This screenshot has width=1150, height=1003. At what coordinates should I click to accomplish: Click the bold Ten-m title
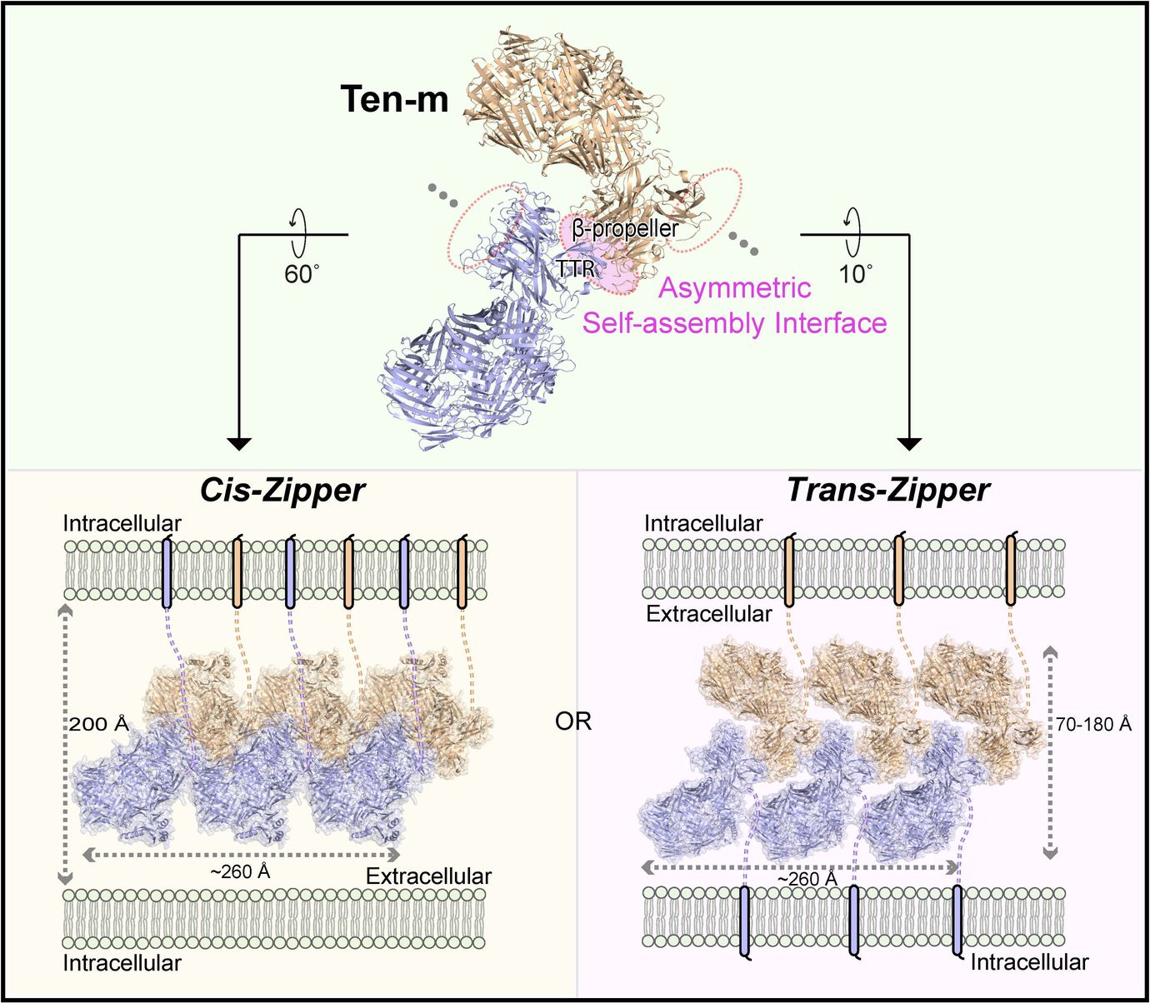(394, 99)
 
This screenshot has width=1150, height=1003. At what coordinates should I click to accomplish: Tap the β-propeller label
(625, 227)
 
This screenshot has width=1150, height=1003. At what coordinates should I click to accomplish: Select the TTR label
(576, 268)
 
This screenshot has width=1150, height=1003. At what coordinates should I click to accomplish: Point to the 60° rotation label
(302, 273)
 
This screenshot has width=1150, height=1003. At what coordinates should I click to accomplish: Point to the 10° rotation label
(855, 273)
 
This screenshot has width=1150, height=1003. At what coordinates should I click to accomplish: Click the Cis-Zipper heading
(282, 490)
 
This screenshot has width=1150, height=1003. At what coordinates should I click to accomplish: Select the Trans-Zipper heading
(887, 490)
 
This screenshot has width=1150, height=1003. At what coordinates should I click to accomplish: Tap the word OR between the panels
(573, 721)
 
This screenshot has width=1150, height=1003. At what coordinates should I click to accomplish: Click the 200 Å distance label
(99, 724)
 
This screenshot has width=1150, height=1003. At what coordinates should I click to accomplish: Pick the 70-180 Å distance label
(1093, 724)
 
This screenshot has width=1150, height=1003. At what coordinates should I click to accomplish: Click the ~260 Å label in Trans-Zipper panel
(807, 879)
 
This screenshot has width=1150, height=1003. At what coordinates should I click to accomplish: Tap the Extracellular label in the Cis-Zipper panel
(428, 876)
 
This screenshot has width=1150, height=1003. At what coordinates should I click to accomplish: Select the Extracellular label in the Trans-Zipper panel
(709, 614)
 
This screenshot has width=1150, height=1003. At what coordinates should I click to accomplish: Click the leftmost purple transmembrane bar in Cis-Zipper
(167, 571)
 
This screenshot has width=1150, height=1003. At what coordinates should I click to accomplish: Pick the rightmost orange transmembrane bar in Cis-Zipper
(462, 571)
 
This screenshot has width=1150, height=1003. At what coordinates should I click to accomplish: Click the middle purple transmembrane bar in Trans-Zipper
(854, 920)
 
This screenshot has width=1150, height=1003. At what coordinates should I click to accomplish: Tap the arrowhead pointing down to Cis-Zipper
(239, 443)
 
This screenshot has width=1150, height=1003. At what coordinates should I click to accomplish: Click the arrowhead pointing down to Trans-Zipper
(908, 443)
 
